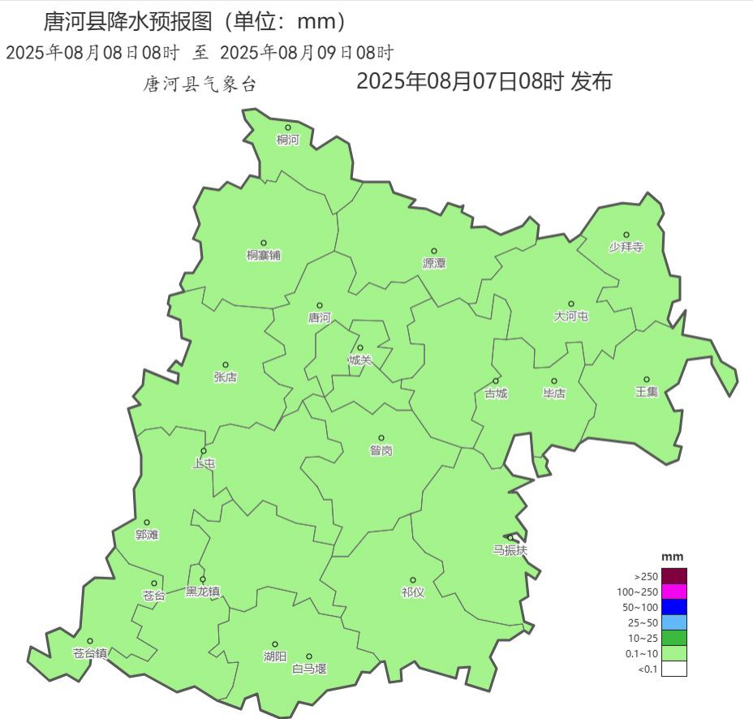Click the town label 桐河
point(287,140)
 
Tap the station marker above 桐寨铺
point(263,243)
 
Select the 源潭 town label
point(434,264)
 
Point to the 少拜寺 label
point(626,248)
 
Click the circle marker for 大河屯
point(570,304)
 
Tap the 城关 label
point(360,360)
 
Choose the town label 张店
point(226,377)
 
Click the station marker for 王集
point(647,379)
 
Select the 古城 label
point(496,394)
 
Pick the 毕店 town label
point(554,394)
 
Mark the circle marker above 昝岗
point(381,438)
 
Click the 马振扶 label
point(510,550)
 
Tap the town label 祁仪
point(412,592)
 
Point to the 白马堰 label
point(309,669)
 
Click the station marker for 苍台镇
point(90,641)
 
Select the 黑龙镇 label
point(203,592)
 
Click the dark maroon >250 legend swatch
point(673,576)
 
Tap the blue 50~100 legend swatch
point(673,607)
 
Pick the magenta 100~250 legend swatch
point(673,592)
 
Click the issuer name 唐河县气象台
point(200,84)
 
